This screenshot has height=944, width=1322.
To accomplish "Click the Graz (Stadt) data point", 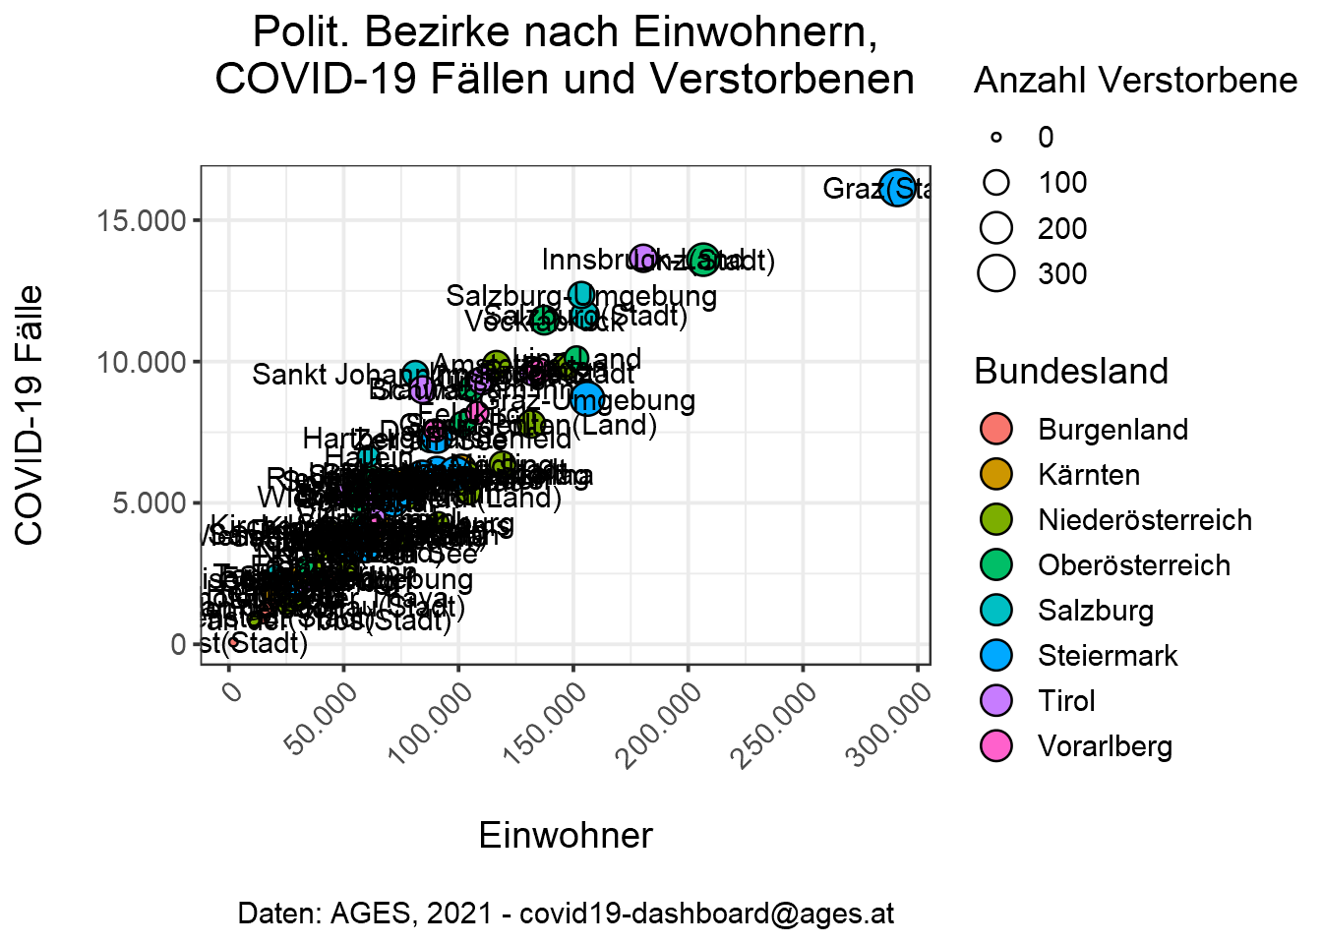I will [x=897, y=187].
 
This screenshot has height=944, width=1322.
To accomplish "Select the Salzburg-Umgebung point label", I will [x=581, y=296].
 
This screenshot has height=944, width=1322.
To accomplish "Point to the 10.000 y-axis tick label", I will [x=142, y=362].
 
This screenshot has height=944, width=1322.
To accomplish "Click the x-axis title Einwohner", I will [x=566, y=836].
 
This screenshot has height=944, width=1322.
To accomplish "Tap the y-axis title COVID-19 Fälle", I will [x=30, y=414].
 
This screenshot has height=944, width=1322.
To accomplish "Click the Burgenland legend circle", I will [x=996, y=430].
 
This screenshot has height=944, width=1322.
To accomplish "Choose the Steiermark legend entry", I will [x=1108, y=656].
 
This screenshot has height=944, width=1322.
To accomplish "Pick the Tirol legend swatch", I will [x=996, y=701].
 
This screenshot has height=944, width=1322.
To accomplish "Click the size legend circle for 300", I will [x=996, y=273].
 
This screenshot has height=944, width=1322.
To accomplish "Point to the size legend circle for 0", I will [x=996, y=138].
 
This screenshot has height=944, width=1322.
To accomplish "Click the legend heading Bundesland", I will [x=1071, y=372].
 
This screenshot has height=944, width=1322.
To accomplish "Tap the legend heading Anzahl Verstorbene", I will [x=1135, y=81].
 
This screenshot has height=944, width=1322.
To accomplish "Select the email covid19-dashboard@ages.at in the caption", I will [x=706, y=914].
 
